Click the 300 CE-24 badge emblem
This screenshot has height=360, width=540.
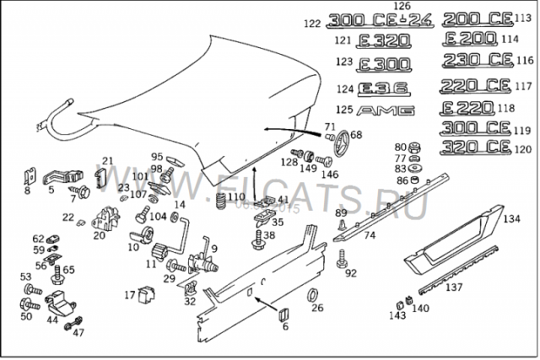(x=379, y=20)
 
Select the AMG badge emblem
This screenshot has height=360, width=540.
(x=386, y=110)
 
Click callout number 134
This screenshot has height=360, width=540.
(x=511, y=219)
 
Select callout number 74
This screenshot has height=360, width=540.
(x=370, y=235)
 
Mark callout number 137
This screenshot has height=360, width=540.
(x=455, y=287)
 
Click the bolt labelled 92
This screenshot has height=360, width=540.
(x=341, y=264)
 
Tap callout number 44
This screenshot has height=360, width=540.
(x=52, y=320)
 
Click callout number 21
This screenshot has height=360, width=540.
(x=107, y=160)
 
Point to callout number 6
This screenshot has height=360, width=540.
(x=284, y=326)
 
